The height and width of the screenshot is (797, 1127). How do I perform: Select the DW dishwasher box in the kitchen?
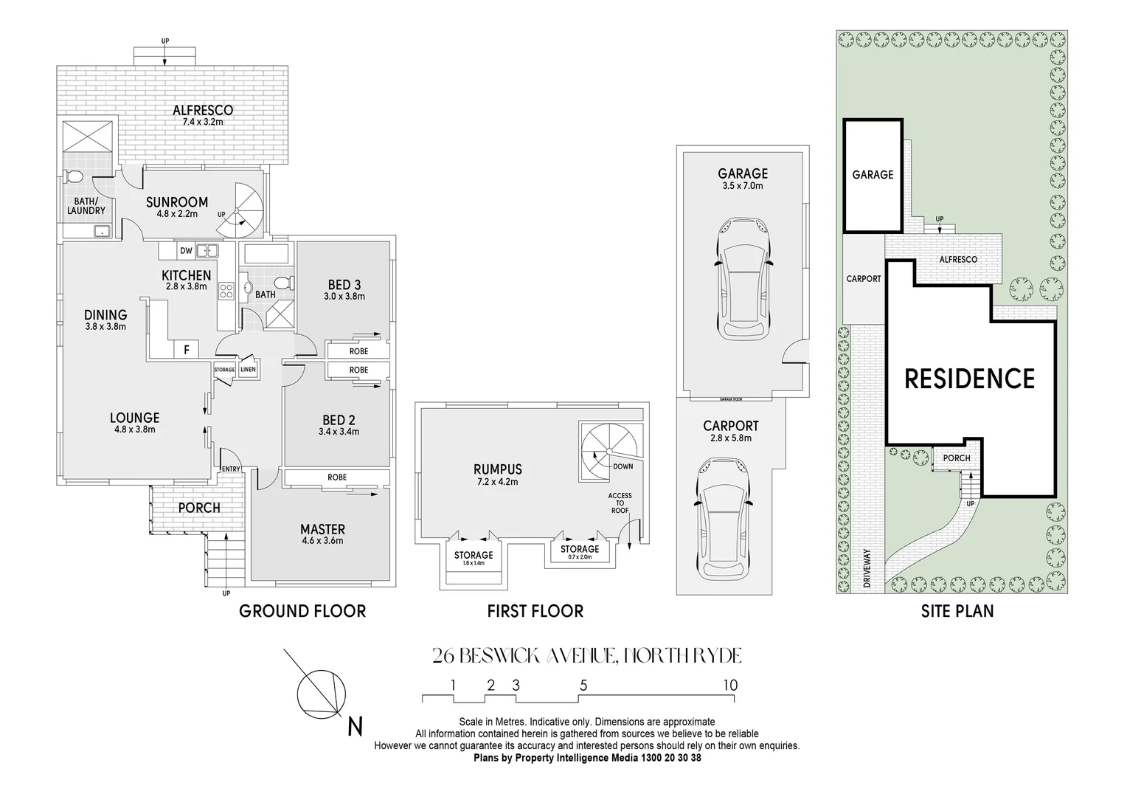tap(186, 251)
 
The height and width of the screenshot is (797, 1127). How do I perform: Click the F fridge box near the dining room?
tap(187, 350)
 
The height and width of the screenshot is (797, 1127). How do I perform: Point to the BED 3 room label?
tap(344, 285)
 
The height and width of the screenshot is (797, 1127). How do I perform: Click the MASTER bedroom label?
tap(322, 529)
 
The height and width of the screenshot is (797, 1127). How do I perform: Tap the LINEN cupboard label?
tap(248, 369)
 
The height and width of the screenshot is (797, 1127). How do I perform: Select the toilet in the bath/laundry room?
tap(74, 177)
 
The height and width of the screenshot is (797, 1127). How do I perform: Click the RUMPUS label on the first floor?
tap(498, 469)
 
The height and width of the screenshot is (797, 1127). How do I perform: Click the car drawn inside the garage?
tap(743, 278)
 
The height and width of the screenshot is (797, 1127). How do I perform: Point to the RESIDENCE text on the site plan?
tap(969, 379)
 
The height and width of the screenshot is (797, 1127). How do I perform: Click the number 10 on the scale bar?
tap(729, 686)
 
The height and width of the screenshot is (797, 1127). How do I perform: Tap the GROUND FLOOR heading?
tap(302, 611)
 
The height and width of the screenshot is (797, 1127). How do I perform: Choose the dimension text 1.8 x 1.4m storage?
tap(474, 564)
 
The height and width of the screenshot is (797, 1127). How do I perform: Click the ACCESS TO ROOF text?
tap(620, 503)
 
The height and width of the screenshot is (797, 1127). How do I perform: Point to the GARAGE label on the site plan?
tap(873, 175)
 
